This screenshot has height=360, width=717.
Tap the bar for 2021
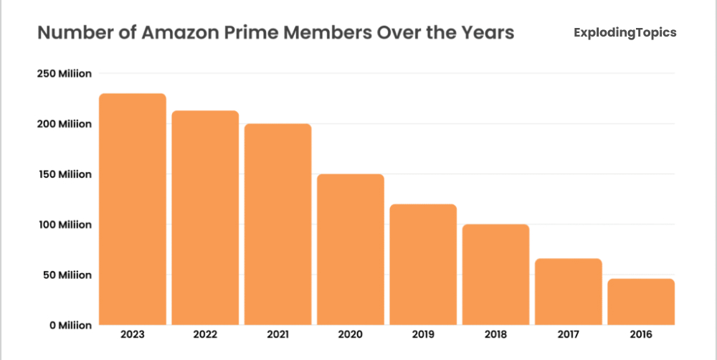click(278, 224)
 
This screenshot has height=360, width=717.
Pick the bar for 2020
click(351, 250)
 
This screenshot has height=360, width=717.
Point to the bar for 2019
click(424, 265)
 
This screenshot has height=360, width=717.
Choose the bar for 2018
click(496, 275)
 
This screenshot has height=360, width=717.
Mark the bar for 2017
click(569, 292)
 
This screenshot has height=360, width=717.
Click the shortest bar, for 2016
click(641, 302)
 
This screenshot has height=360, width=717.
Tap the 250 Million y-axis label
click(65, 74)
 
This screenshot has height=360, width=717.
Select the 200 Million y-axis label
click(65, 124)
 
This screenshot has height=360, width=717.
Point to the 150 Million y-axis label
click(65, 174)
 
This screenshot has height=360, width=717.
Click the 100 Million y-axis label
click(65, 224)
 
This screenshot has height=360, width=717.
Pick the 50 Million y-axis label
click(67, 275)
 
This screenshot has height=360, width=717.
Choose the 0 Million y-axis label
click(70, 325)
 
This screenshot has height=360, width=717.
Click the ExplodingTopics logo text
click(625, 33)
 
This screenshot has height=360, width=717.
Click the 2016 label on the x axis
click(641, 334)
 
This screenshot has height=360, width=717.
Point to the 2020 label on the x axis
click(351, 334)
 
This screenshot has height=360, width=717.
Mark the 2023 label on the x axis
click(133, 334)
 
